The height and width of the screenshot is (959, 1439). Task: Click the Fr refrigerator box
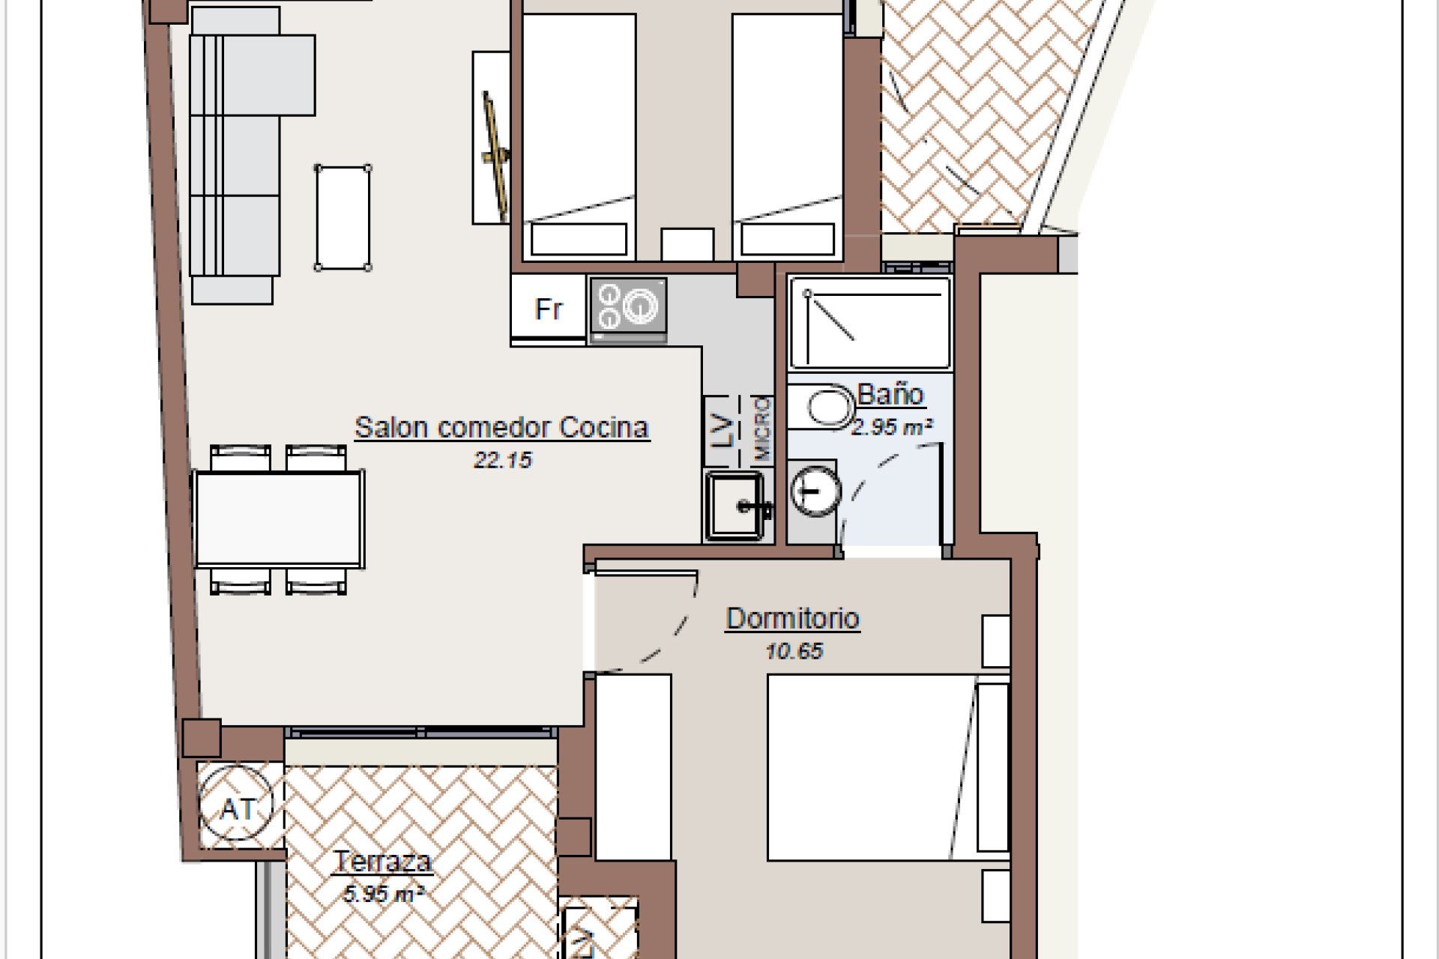548,308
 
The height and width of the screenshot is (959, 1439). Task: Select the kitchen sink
735,505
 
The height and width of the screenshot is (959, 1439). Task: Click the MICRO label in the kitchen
762,429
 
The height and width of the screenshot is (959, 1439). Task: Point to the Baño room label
890,394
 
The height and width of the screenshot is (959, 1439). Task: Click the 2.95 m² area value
892,428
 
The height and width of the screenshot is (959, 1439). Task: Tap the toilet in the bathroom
824,408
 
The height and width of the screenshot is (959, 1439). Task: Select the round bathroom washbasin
815,491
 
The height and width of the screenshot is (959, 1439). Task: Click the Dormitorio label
793,619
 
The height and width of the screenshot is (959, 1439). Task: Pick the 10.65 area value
794,651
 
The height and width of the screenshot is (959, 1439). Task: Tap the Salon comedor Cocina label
501,427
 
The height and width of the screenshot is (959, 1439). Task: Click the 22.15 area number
502,460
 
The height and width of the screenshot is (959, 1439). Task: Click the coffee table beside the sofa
343,217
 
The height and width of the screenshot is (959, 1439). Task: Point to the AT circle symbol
237,808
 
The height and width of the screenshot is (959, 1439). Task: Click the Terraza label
383,862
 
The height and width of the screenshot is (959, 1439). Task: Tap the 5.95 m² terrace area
383,894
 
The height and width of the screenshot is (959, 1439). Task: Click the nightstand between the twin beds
687,244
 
